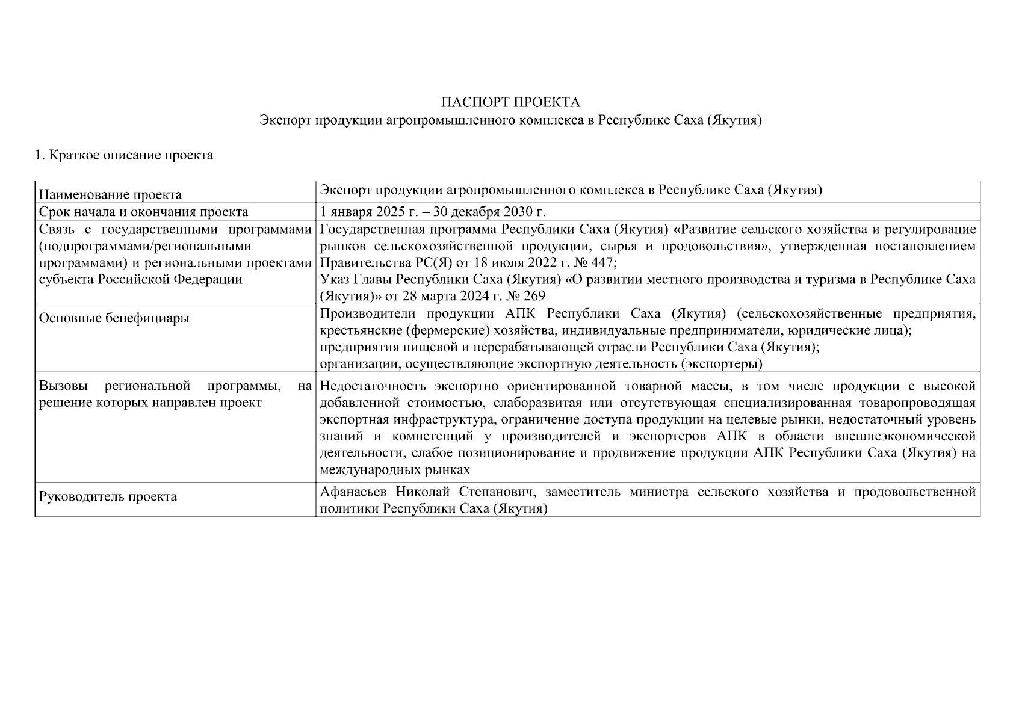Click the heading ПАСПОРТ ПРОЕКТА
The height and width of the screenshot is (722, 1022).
point(510,102)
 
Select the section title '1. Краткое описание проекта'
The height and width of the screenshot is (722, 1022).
point(124,155)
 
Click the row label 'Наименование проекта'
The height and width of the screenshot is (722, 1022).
point(110,195)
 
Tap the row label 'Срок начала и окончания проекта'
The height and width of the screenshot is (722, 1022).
point(143,212)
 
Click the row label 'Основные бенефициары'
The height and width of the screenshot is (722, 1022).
point(114,318)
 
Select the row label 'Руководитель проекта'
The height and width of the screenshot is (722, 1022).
point(108,497)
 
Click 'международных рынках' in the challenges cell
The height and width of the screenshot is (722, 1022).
point(395,469)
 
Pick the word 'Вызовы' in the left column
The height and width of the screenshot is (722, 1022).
point(60,386)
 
